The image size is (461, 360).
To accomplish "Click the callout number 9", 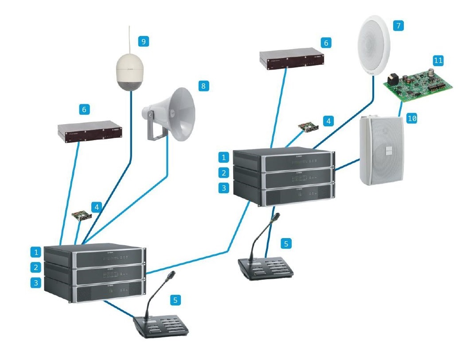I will click(x=143, y=42).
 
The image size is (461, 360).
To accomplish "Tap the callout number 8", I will click(x=203, y=86).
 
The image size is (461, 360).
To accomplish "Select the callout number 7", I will click(x=397, y=26).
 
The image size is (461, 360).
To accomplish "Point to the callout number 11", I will click(x=438, y=61).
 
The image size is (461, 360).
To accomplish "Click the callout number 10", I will click(x=412, y=118).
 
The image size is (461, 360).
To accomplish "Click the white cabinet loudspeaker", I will click(x=380, y=151).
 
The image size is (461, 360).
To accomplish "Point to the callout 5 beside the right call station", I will click(x=286, y=243).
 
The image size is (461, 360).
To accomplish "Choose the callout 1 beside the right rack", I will click(x=224, y=157).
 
